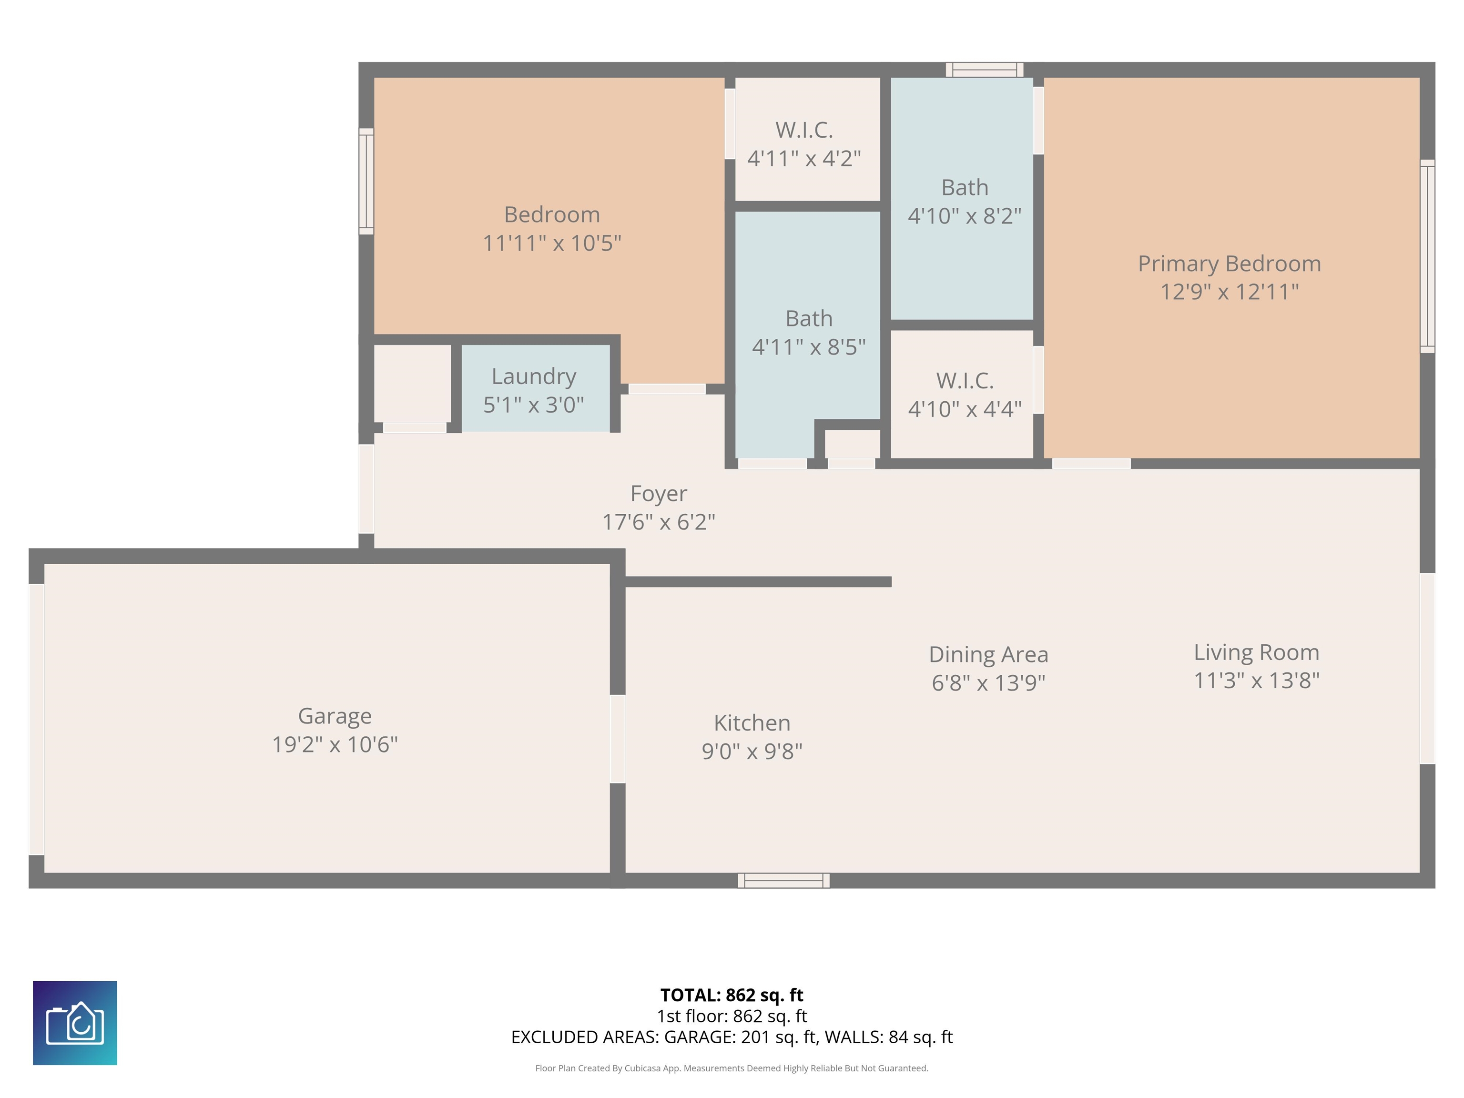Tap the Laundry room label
pos(533,376)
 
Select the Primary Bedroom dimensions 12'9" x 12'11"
pos(1229,291)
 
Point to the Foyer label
pos(659,493)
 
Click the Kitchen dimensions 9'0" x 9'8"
pos(752,751)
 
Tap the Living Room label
pos(1256,652)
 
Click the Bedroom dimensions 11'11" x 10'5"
pos(552,243)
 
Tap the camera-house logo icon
pos(75,1023)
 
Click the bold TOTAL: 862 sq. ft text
pos(732,995)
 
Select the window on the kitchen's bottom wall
pos(783,880)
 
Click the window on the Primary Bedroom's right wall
pos(1428,255)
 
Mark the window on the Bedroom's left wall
pos(366,181)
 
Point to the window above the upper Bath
pos(984,70)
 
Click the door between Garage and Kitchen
pos(618,739)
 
